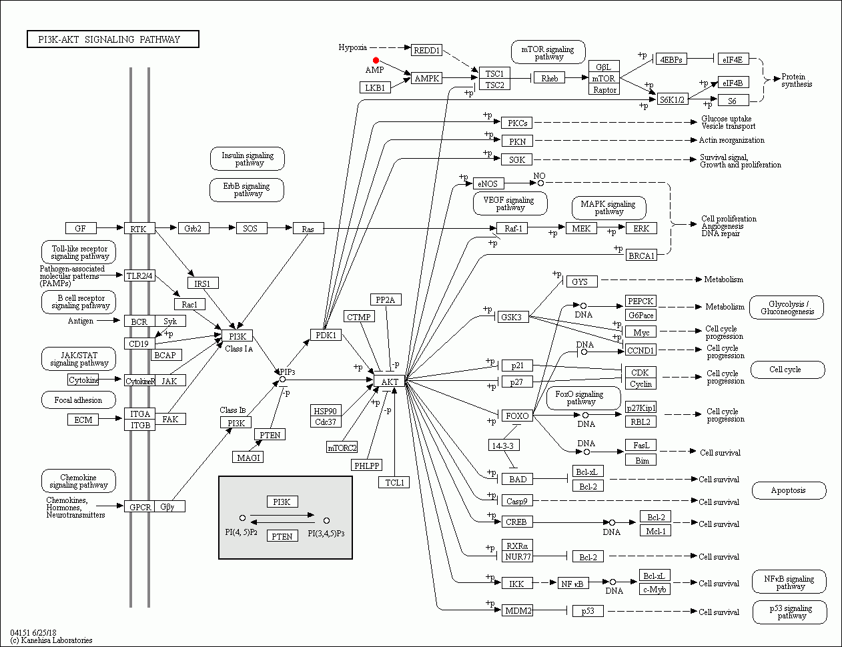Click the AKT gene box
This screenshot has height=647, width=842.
pyautogui.click(x=390, y=382)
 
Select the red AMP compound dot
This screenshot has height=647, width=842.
pyautogui.click(x=376, y=61)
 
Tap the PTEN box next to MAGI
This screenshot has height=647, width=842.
pyautogui.click(x=270, y=434)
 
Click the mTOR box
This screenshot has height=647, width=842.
pyautogui.click(x=604, y=78)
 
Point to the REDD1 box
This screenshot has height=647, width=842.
pyautogui.click(x=426, y=51)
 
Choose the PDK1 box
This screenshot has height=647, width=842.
pyautogui.click(x=326, y=335)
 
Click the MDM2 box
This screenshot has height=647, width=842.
pyautogui.click(x=517, y=610)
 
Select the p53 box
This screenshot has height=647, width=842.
pyautogui.click(x=588, y=610)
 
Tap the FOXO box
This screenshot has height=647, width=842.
pyautogui.click(x=517, y=416)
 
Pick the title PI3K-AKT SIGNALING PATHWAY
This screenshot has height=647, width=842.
pyautogui.click(x=113, y=39)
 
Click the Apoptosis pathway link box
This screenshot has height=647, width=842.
pyautogui.click(x=789, y=490)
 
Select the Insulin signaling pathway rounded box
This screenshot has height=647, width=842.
pyautogui.click(x=248, y=159)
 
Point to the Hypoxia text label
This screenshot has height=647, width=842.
pyautogui.click(x=352, y=47)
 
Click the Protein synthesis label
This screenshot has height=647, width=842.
pyautogui.click(x=797, y=81)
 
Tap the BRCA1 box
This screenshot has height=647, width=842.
pyautogui.click(x=641, y=255)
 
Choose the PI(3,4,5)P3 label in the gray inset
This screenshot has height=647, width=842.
pyautogui.click(x=326, y=534)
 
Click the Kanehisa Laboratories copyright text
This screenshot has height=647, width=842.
pyautogui.click(x=51, y=640)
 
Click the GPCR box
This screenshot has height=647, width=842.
pyautogui.click(x=140, y=507)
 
